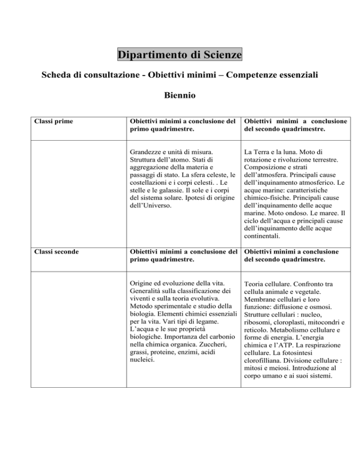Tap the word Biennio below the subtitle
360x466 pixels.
coord(180,96)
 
